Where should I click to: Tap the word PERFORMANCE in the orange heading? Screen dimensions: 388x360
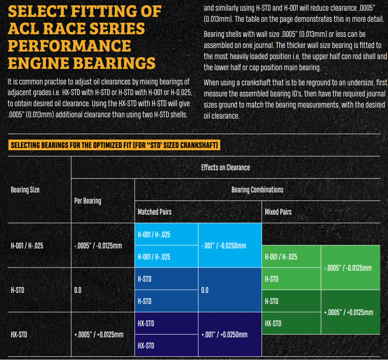pos(69,46)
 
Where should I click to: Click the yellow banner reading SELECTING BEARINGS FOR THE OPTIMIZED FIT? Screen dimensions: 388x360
pos(114,145)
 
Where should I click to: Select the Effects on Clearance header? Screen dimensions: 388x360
pos(226,168)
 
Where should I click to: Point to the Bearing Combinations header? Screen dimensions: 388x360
pos(257,190)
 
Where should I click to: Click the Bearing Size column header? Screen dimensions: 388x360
pos(25,190)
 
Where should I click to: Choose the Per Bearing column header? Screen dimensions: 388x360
pos(88,201)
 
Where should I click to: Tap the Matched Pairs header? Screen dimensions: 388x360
pos(155,212)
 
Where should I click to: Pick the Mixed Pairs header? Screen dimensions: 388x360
pos(278,212)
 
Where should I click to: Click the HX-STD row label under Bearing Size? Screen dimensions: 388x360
pos(19,335)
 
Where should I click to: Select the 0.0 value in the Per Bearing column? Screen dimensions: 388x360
pos(78,290)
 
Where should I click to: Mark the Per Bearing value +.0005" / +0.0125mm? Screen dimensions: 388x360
pos(99,335)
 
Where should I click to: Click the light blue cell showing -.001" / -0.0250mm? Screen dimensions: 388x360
pos(230,245)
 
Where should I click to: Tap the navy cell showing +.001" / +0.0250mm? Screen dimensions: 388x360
pos(230,334)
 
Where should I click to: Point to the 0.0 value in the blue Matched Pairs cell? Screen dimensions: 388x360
pos(205,290)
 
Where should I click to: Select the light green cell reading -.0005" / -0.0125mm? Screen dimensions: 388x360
pos(350,268)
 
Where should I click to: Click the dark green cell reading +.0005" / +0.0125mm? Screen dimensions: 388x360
pos(350,312)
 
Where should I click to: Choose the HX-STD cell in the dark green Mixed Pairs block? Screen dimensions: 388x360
pos(291,324)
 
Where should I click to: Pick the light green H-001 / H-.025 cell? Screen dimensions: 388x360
pos(291,256)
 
